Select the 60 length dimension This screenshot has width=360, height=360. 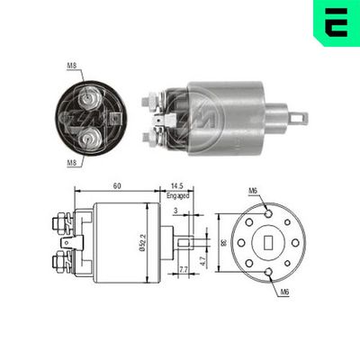coord(117,186)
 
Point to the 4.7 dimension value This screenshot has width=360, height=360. coord(206,260)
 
